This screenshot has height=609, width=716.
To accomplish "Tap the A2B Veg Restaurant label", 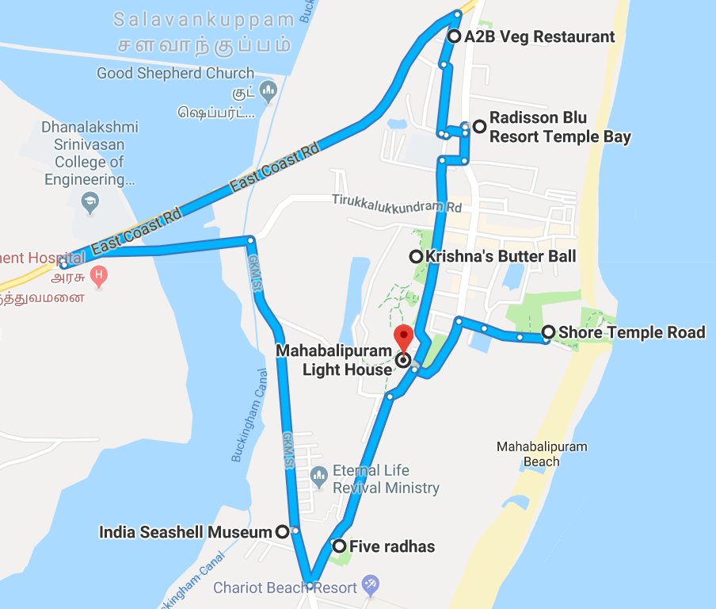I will click(540, 36).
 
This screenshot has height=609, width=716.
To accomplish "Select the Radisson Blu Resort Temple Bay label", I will click(560, 127).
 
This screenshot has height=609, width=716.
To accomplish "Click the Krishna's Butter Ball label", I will click(501, 257).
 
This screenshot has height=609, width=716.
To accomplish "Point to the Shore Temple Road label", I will click(631, 332).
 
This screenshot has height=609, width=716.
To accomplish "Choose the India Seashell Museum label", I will click(185, 532).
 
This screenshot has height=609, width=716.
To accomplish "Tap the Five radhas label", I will click(392, 546).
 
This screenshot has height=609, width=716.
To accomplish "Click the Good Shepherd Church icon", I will click(268, 91).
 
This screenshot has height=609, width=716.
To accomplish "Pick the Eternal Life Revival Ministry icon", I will click(318, 478).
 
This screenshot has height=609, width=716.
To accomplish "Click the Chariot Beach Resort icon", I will click(370, 587).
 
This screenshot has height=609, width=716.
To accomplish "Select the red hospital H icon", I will click(99, 277).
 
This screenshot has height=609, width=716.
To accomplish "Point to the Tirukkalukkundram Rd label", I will click(397, 205).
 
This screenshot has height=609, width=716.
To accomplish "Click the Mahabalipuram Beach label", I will click(542, 454).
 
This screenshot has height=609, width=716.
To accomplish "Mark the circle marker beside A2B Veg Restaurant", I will click(455, 36).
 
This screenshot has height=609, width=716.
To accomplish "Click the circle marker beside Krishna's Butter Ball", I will click(415, 257).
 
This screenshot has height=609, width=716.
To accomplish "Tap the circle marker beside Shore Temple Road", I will click(548, 332).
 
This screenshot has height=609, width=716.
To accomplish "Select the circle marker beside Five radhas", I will click(339, 546).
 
